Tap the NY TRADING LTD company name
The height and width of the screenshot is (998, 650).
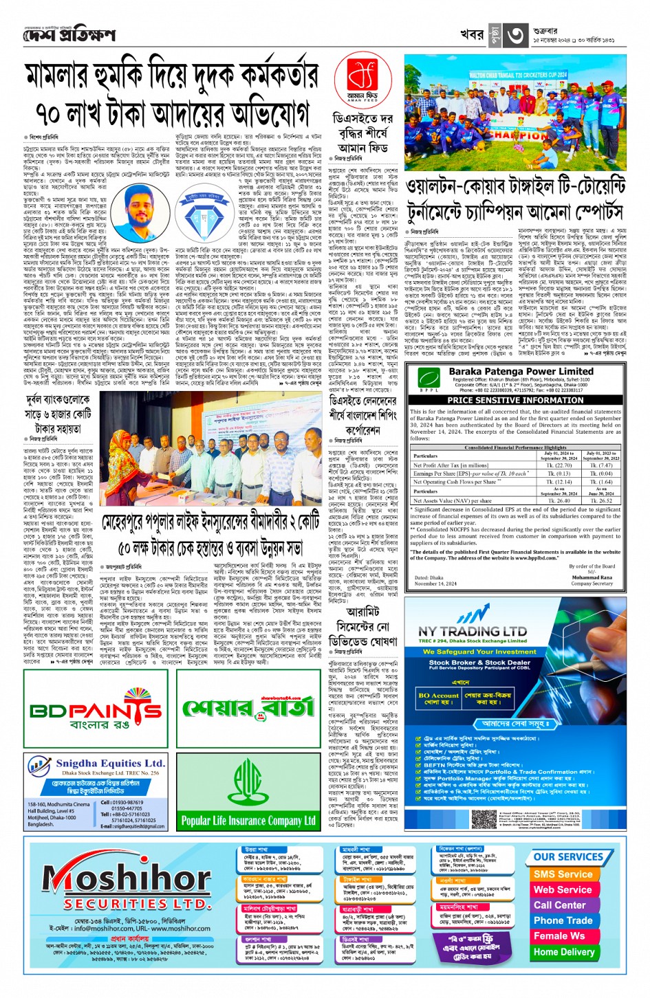[x=472, y=631]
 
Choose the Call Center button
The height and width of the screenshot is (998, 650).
[x=559, y=905]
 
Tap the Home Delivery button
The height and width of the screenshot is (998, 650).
[x=563, y=952]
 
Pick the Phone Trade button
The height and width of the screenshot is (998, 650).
[x=563, y=920]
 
